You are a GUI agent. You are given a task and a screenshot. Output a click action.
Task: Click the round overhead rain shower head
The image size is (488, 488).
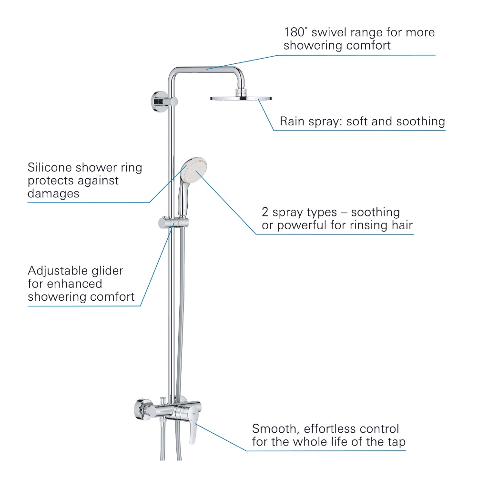241,98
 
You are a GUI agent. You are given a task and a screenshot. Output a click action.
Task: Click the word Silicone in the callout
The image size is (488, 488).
49,168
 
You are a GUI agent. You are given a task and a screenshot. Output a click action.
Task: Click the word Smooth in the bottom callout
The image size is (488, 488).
274,428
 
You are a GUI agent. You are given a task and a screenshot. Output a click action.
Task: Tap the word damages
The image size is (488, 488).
53,193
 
